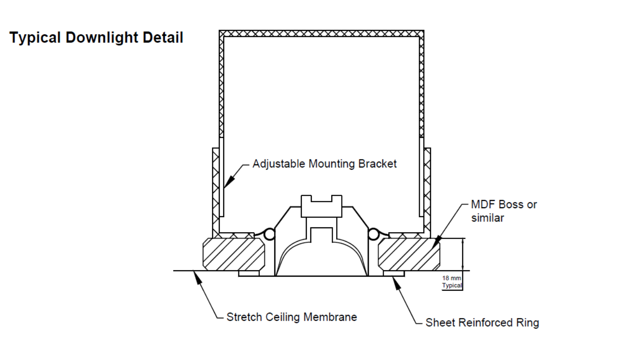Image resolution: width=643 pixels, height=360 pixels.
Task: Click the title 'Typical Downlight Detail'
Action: (96, 38)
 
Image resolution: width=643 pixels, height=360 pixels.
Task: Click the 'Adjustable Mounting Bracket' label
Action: (324, 164)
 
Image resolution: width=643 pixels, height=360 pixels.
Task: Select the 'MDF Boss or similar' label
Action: (504, 211)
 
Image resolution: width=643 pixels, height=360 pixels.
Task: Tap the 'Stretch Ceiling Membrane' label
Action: (292, 318)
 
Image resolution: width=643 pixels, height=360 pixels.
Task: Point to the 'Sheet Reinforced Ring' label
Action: (482, 322)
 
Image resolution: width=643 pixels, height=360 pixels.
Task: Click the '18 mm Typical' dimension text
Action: (452, 282)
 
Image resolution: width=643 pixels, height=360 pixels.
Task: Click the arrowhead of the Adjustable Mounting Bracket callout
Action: (227, 183)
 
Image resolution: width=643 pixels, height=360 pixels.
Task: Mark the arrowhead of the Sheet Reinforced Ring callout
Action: (395, 280)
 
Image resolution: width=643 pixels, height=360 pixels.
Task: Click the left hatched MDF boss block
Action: (234, 254)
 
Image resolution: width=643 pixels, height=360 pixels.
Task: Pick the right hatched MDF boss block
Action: (409, 254)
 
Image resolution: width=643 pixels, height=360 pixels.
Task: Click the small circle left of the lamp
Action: (269, 234)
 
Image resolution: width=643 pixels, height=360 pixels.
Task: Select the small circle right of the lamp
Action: (374, 234)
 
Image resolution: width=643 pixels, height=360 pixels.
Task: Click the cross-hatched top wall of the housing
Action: (321, 33)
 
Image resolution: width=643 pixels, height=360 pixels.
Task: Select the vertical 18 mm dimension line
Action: (463, 255)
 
